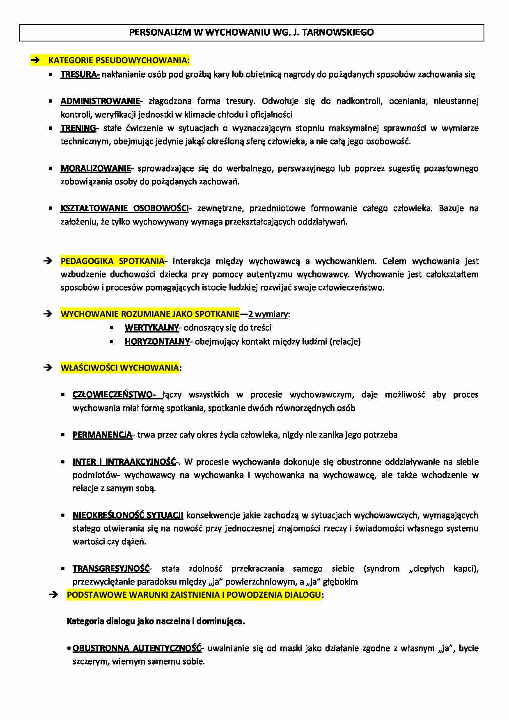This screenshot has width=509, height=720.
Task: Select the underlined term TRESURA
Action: point(79,74)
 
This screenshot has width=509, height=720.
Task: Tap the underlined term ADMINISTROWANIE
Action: point(100,101)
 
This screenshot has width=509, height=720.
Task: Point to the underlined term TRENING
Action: point(78,128)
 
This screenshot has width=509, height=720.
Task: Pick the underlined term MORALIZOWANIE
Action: point(96,168)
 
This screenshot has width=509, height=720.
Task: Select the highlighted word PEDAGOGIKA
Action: point(86,261)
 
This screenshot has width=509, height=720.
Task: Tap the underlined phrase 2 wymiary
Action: point(268,314)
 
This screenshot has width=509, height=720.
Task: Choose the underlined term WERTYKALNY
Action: point(151,328)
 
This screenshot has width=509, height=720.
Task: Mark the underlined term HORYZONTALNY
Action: point(157,342)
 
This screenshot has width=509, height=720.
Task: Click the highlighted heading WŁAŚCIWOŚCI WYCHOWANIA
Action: point(119,368)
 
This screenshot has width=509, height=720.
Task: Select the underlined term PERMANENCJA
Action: point(102,435)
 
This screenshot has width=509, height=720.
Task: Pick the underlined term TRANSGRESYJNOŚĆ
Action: point(111,569)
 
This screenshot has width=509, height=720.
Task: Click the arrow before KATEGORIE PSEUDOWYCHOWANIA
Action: point(35,60)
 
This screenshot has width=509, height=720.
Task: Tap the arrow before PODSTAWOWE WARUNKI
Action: point(53,595)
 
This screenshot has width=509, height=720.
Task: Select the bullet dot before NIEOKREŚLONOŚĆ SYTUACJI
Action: point(63,515)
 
